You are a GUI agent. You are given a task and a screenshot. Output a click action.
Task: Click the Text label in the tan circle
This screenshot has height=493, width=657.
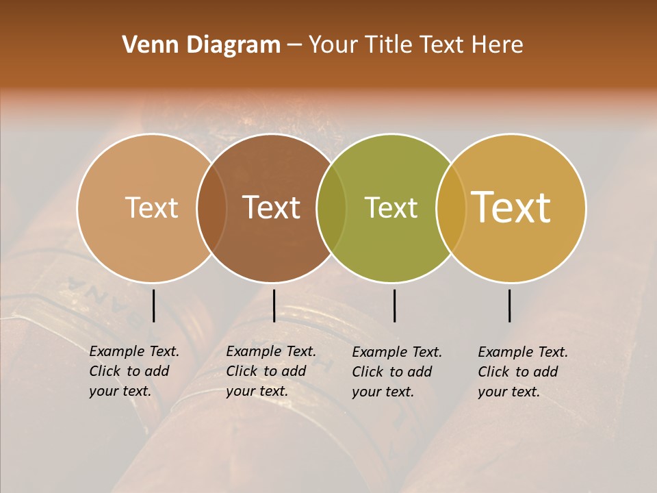[151, 207]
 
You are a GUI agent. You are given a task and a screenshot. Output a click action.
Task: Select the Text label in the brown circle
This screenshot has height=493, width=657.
[272, 207]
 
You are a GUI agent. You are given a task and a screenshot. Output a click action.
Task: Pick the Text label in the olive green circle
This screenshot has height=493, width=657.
[391, 207]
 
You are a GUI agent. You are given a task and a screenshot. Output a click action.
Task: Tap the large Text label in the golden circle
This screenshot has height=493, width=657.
[511, 207]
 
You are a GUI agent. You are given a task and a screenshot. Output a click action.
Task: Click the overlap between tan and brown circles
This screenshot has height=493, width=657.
[211, 207]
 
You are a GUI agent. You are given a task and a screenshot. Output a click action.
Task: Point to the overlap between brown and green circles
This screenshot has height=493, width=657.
[331, 207]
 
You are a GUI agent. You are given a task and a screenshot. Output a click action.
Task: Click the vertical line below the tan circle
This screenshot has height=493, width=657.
[153, 305]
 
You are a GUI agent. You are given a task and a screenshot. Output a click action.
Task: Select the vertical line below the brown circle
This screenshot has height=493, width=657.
[274, 305]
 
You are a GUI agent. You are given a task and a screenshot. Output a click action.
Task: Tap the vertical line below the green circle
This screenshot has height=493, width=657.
[394, 305]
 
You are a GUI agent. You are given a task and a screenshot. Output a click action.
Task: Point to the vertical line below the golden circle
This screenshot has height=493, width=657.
[509, 305]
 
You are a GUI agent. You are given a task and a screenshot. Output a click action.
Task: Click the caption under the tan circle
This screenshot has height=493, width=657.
[134, 371]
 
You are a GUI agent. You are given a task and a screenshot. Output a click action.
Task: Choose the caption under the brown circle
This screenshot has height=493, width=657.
[271, 371]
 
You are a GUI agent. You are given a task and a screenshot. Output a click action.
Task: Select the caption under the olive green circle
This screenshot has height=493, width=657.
[397, 372]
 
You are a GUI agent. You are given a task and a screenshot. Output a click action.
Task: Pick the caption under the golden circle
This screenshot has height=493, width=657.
[523, 372]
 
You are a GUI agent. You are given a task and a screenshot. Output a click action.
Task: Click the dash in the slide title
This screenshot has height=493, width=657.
[294, 45]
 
